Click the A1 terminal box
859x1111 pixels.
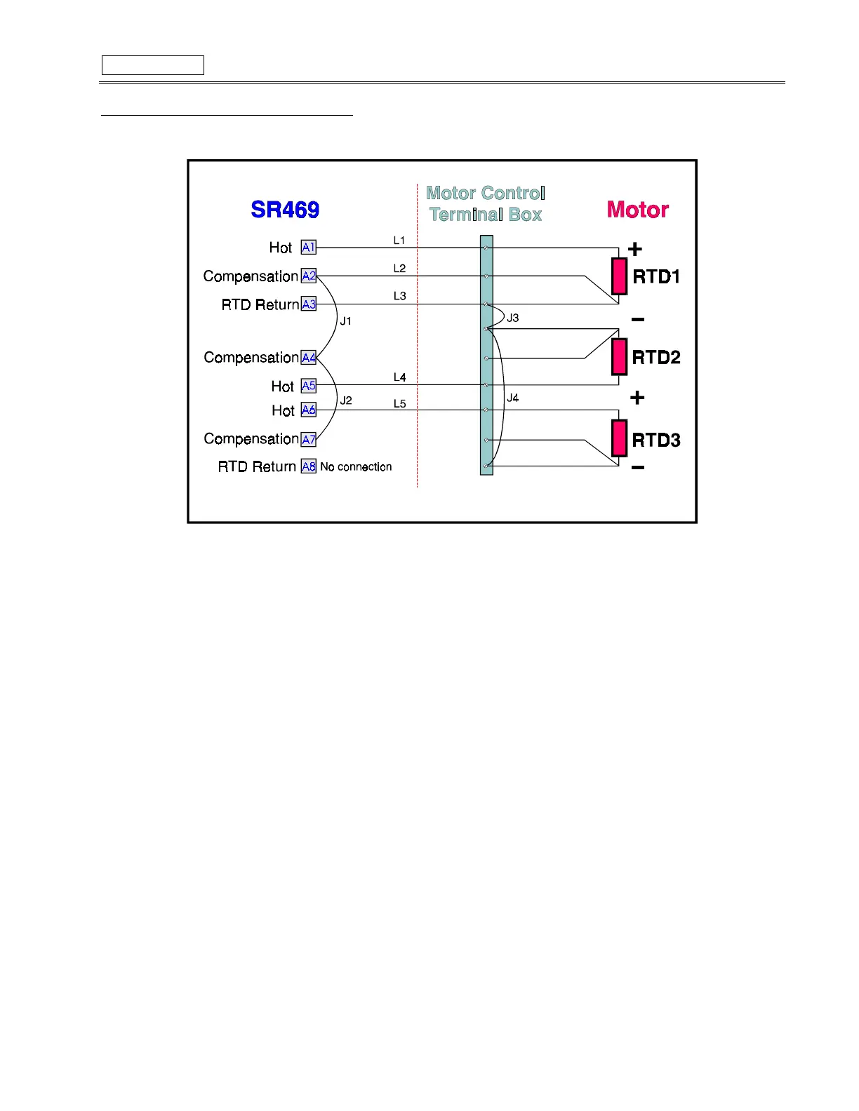pos(309,247)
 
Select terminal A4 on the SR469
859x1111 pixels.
pos(309,358)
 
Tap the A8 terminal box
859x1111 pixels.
pos(309,466)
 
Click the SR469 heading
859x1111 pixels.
pos(285,210)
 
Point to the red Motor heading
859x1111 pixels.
pos(637,210)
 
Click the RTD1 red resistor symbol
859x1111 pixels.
pos(619,276)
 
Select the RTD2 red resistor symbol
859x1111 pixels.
pos(619,357)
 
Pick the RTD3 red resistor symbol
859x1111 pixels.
pos(619,439)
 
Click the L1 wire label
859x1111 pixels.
pos(399,241)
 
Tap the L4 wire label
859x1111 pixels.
pos(399,377)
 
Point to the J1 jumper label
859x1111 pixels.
pos(346,321)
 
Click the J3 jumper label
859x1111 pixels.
pos(513,318)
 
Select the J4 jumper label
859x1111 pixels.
pos(513,398)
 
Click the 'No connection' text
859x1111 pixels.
pos(356,467)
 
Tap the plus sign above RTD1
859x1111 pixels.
pos(635,249)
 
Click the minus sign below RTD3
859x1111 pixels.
pos(638,468)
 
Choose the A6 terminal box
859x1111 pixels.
pos(309,410)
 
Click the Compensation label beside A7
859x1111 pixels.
pos(251,439)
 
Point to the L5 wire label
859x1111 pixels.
pos(399,404)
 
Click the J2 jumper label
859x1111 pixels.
pos(346,400)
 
